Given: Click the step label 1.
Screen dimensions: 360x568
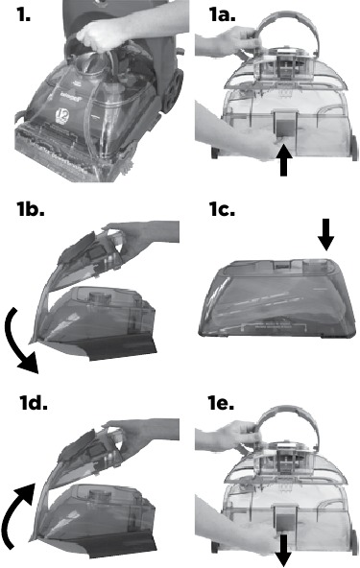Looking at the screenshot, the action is click(23, 14).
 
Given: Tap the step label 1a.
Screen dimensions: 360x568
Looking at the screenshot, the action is click(222, 14).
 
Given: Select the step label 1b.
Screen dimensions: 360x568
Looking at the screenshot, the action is click(31, 209).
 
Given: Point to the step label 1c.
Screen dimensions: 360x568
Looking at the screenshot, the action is click(222, 209).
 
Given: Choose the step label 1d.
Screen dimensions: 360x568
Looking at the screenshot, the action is click(34, 403).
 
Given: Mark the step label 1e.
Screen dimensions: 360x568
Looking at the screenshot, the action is click(221, 403).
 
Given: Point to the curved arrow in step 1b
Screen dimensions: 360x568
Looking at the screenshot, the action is click(14, 343).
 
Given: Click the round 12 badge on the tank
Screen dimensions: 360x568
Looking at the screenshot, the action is click(60, 116).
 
